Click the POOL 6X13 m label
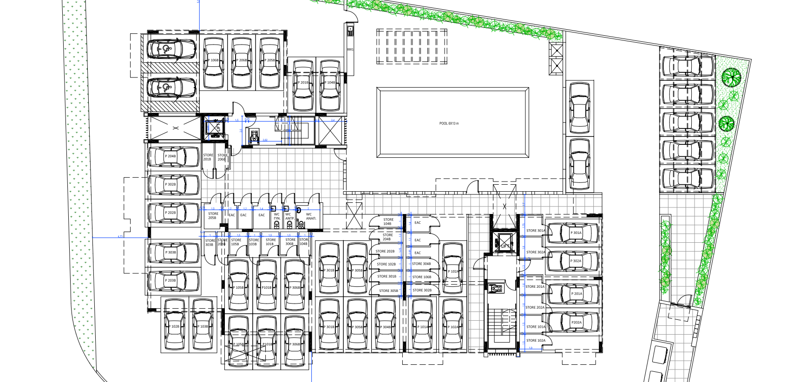click(449, 123)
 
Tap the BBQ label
click(350, 49)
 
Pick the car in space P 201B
click(303, 85)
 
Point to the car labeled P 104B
click(330, 85)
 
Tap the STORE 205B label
click(213, 216)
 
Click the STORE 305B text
click(388, 291)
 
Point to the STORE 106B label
click(422, 277)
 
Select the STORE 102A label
click(536, 341)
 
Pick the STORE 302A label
click(536, 253)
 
